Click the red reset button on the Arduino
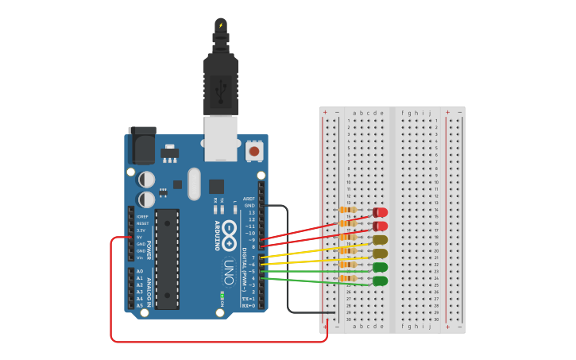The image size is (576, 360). (254, 150)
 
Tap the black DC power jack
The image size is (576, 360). (142, 148)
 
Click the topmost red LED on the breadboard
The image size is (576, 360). (381, 212)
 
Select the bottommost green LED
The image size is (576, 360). (381, 281)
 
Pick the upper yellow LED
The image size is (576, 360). (381, 239)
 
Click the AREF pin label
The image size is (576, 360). (249, 199)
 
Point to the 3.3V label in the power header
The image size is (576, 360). (141, 230)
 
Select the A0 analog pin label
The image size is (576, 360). (140, 272)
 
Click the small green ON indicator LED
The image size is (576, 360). (222, 295)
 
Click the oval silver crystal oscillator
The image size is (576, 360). (195, 183)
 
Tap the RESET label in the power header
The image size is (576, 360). (142, 223)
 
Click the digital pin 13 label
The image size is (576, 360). (252, 212)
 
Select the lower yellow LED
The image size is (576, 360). (381, 254)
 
